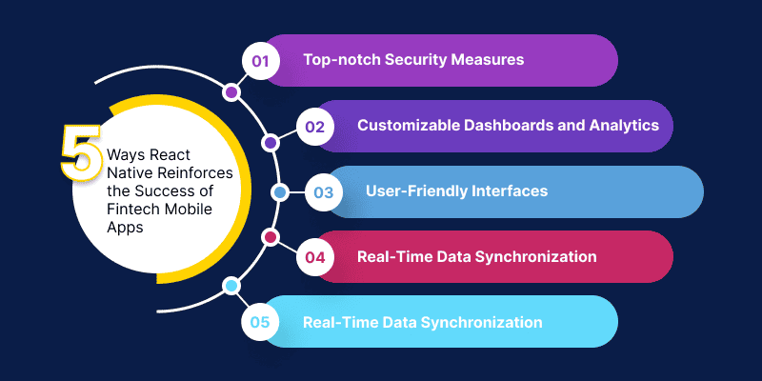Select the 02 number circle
pyautogui.click(x=314, y=126)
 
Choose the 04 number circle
pyautogui.click(x=314, y=256)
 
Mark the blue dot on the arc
pyautogui.click(x=279, y=192)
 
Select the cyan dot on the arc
pyautogui.click(x=231, y=286)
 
